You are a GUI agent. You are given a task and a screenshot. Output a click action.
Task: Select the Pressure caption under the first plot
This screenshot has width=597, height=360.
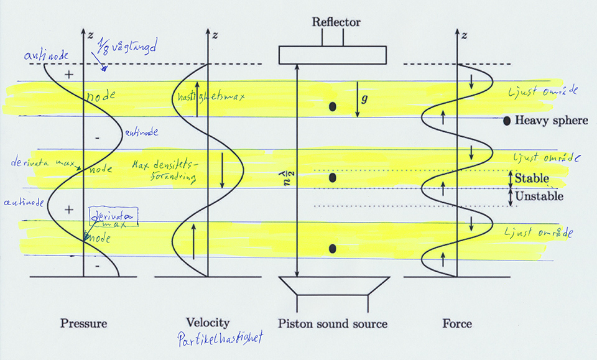coord(83,323)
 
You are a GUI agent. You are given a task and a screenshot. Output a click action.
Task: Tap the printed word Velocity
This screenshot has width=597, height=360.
coord(207,323)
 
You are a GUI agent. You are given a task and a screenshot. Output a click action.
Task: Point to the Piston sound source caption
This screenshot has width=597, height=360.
coord(333,323)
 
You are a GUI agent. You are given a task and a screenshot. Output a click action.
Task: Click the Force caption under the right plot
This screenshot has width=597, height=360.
coord(456,323)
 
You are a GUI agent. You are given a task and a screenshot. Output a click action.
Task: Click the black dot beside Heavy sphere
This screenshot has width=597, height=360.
coord(507,121)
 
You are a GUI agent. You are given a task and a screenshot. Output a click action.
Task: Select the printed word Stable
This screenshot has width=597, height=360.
coord(530,178)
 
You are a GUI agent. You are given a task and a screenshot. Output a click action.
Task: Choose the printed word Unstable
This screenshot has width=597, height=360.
coord(539,196)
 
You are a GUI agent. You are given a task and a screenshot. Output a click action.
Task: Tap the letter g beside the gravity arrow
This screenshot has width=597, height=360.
coord(366,98)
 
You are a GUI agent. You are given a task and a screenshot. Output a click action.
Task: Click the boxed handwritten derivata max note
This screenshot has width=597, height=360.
coord(114,219)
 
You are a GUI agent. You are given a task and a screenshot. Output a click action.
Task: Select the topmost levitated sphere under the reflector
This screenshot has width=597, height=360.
coord(333,107)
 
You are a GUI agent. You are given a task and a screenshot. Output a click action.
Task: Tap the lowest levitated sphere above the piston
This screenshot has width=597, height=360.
coord(333,249)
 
